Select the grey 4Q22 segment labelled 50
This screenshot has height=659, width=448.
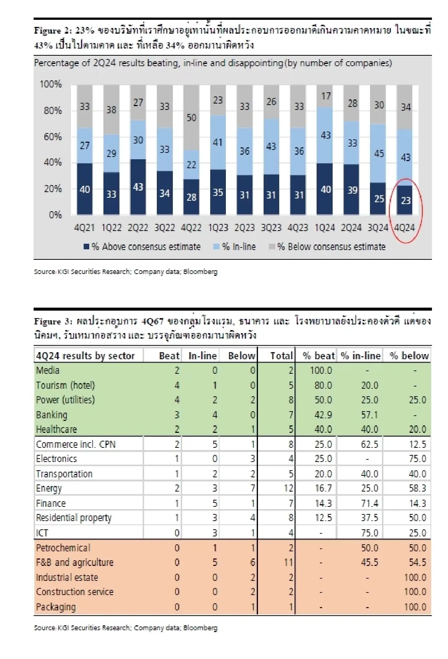coord(191,118)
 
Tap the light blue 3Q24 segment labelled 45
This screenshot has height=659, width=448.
coord(379,153)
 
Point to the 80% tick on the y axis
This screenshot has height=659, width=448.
coord(53,111)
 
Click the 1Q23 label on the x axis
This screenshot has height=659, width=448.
coord(218,228)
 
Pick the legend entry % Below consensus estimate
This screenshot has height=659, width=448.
coord(327,247)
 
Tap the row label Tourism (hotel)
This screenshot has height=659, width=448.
coord(65,385)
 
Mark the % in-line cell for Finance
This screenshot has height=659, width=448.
coord(369,504)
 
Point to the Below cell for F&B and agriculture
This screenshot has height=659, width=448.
coord(252,563)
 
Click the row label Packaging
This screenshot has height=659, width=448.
coord(56,607)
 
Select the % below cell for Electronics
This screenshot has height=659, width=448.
coord(417,459)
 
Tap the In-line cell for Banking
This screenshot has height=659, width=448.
coord(215,415)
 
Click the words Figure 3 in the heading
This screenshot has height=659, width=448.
coord(47,321)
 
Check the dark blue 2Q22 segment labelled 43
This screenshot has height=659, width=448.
coord(138,187)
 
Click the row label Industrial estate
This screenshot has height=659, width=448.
coord(67,578)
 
